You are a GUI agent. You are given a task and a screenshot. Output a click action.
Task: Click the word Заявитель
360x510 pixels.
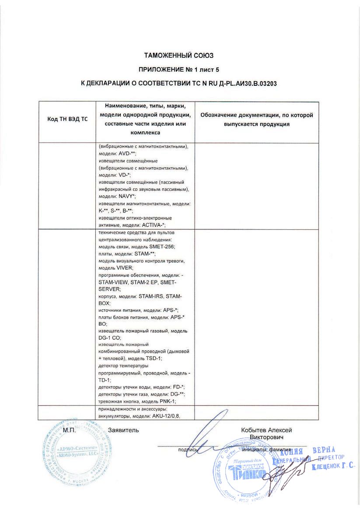click(123, 430)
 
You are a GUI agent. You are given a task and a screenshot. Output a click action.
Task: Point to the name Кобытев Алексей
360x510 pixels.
click(266, 430)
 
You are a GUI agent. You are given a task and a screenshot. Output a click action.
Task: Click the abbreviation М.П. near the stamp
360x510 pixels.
click(70, 430)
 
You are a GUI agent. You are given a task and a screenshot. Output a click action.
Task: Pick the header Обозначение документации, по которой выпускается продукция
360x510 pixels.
click(256, 120)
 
